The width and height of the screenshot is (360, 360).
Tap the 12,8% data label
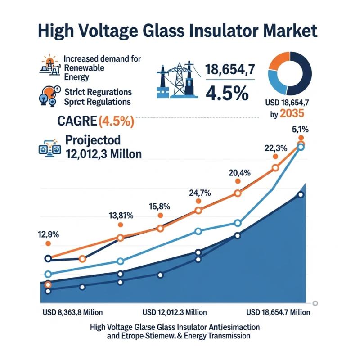(49, 234)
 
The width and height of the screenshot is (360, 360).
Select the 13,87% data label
(121, 216)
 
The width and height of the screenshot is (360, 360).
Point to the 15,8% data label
(160, 207)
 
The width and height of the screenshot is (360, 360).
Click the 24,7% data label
(199, 193)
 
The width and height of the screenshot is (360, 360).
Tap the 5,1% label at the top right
(301, 129)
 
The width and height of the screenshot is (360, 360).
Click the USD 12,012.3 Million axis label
(175, 312)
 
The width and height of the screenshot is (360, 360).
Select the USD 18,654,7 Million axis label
(279, 312)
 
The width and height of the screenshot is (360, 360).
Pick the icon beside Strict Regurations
(49, 95)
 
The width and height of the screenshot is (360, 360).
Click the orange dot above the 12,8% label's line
(48, 243)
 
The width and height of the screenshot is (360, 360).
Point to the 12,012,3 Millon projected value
(103, 154)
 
